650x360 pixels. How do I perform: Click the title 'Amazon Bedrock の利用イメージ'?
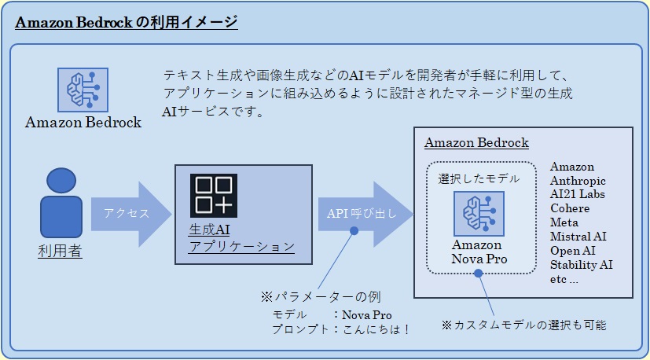click(127, 22)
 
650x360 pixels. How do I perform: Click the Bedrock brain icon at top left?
click(83, 89)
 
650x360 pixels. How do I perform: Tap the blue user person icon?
click(61, 204)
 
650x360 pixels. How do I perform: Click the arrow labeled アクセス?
click(130, 213)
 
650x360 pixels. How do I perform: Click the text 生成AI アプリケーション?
click(241, 238)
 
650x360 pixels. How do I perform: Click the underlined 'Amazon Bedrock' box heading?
click(476, 143)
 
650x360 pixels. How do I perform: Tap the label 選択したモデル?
click(479, 178)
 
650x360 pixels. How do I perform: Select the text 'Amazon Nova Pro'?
click(479, 252)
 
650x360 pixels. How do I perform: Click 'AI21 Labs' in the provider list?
click(578, 194)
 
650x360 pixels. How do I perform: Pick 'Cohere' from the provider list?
click(570, 208)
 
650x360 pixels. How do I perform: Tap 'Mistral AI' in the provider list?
click(578, 236)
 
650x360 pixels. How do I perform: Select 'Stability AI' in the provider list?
click(581, 264)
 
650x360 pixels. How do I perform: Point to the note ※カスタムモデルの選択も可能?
click(523, 324)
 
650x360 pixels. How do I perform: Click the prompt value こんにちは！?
click(376, 329)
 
